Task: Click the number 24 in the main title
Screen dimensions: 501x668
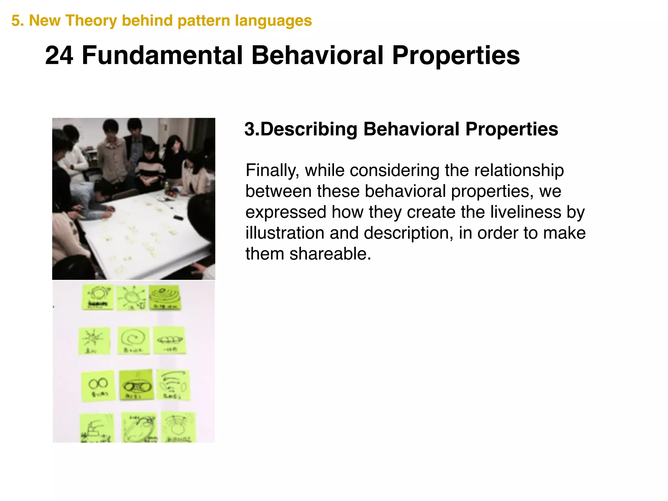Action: pos(59,55)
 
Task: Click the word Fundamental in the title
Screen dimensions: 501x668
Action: pos(162,55)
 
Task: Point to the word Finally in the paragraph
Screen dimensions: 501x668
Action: pos(272,171)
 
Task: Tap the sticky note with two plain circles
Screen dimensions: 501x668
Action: pos(98,386)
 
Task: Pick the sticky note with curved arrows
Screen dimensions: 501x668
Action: pos(173,385)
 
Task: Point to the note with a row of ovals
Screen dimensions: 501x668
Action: pos(169,340)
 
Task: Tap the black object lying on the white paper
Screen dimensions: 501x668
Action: pos(178,217)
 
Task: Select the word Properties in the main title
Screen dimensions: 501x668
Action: pos(455,55)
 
